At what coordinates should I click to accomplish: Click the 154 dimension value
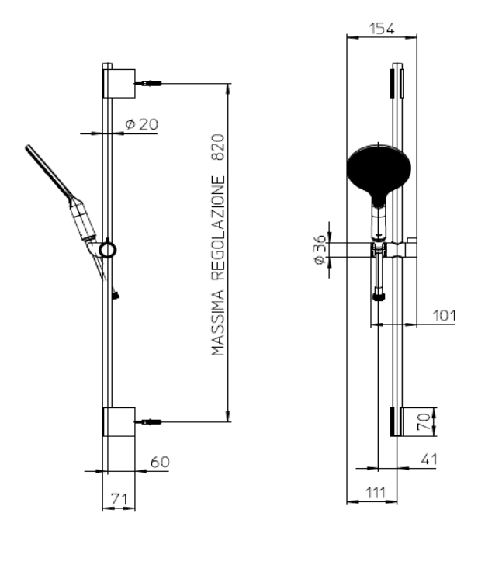click(382, 29)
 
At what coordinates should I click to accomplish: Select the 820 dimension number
click(218, 147)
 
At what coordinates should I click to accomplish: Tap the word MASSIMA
click(218, 323)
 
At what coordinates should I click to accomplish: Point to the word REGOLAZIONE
click(218, 227)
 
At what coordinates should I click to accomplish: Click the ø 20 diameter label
click(141, 124)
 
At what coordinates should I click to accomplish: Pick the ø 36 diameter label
click(320, 249)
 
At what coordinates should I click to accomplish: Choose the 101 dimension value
click(444, 316)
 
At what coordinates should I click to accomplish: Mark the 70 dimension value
click(424, 421)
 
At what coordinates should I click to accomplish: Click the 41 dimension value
click(429, 459)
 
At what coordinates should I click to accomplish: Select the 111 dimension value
click(376, 493)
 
